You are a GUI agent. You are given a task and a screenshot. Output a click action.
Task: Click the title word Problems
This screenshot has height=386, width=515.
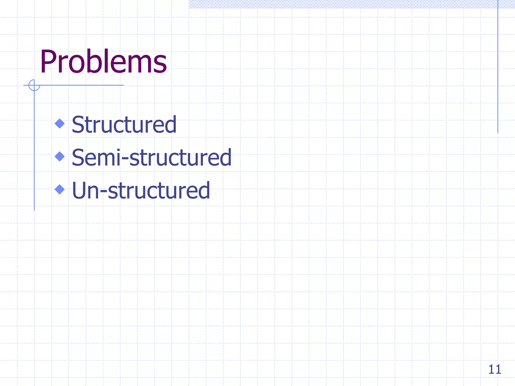103,62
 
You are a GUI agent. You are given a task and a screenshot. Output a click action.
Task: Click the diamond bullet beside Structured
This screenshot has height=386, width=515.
60,123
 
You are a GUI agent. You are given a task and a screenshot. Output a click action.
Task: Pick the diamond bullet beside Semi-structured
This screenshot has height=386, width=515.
60,156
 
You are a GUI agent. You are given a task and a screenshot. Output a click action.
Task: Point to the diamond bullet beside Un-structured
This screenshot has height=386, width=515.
60,189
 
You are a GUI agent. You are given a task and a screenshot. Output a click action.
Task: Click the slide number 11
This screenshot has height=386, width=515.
494,369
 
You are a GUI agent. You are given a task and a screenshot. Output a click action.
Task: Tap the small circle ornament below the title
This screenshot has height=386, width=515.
34,85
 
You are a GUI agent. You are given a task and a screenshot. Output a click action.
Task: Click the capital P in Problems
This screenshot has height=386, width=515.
49,62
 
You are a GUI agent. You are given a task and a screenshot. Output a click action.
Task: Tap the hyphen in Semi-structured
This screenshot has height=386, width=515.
125,159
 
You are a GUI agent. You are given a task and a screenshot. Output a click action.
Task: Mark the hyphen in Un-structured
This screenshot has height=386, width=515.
103,192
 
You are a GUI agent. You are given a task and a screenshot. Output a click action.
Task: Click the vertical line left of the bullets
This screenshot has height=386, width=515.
34,151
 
